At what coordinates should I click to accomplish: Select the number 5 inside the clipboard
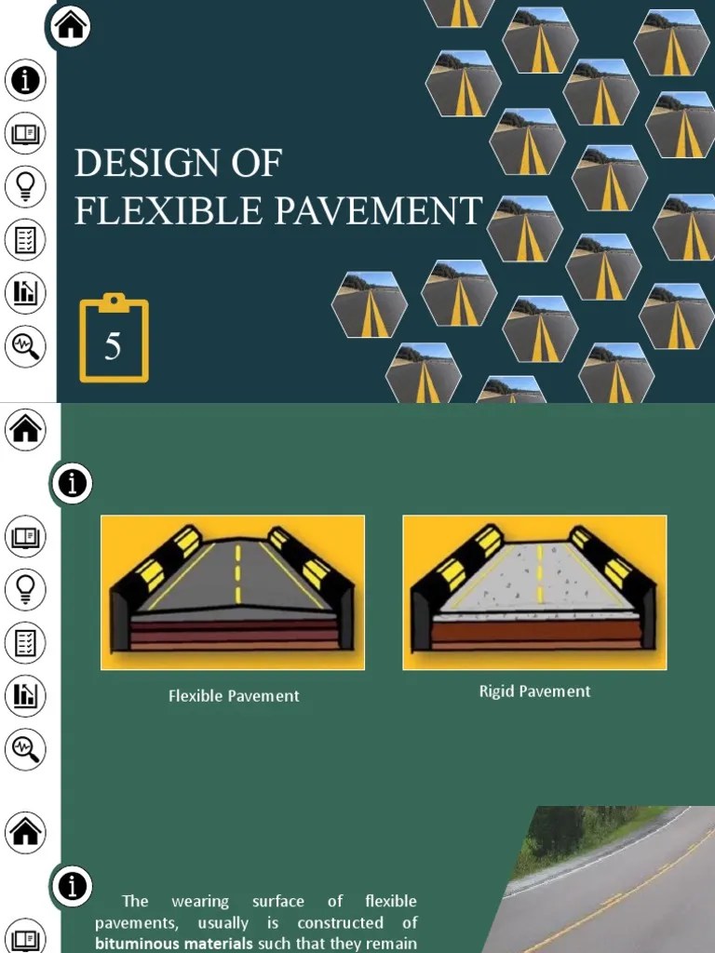pyautogui.click(x=113, y=347)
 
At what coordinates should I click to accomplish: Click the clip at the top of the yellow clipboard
pyautogui.click(x=114, y=301)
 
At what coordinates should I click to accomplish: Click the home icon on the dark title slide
pyautogui.click(x=71, y=26)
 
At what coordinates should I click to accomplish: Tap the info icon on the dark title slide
pyautogui.click(x=25, y=80)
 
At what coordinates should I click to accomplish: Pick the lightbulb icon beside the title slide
pyautogui.click(x=25, y=186)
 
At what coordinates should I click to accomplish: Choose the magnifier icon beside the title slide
pyautogui.click(x=25, y=346)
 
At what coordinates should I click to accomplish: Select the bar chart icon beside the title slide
pyautogui.click(x=25, y=293)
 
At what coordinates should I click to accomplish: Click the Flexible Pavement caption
pyautogui.click(x=234, y=696)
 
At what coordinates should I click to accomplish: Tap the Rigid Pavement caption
pyautogui.click(x=534, y=691)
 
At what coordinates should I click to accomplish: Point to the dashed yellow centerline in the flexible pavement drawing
pyautogui.click(x=237, y=574)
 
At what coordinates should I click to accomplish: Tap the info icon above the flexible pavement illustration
pyautogui.click(x=74, y=483)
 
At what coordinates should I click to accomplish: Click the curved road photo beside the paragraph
pyautogui.click(x=605, y=884)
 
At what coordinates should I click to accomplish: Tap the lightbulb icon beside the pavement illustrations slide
pyautogui.click(x=25, y=588)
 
